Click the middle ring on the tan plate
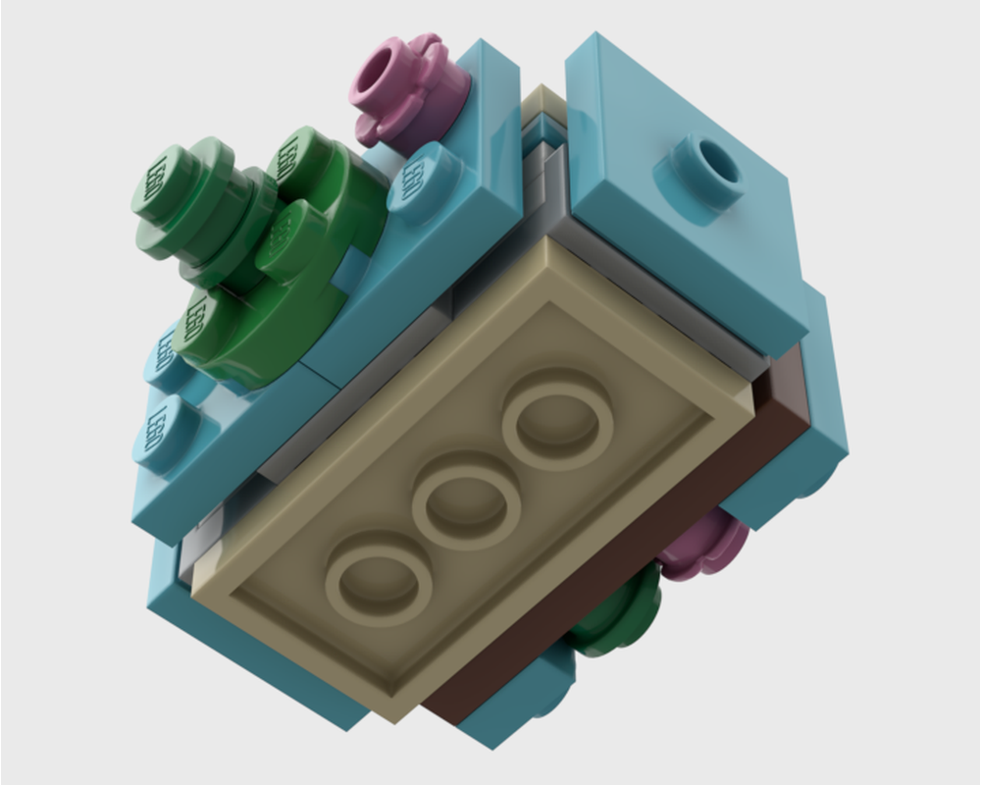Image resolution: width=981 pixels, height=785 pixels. [466, 501]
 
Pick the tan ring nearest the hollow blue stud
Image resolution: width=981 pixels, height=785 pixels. [557, 420]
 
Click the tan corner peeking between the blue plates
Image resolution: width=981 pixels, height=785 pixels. [541, 108]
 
